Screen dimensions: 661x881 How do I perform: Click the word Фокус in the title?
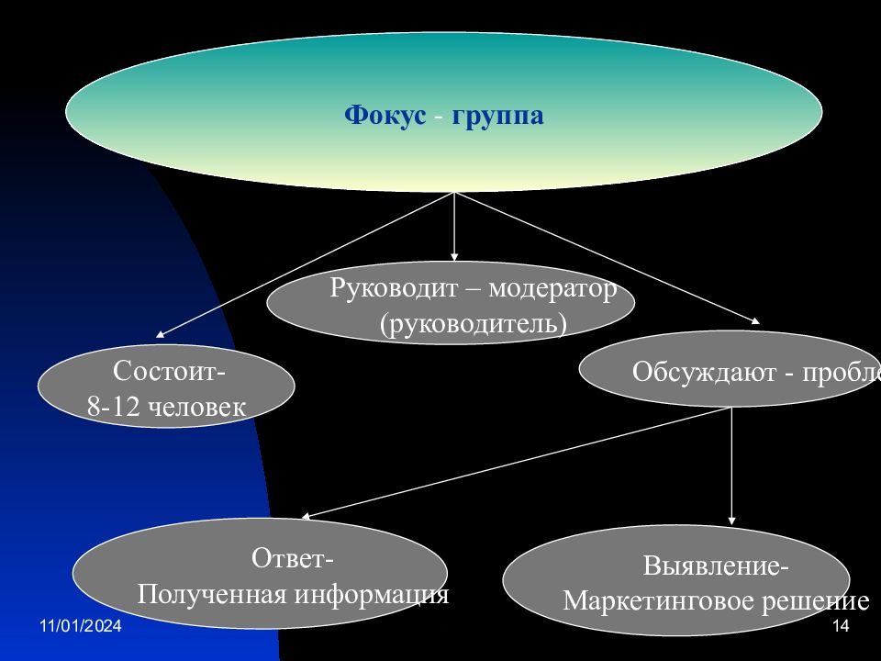pyautogui.click(x=385, y=117)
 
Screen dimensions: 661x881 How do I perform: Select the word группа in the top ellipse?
pyautogui.click(x=497, y=118)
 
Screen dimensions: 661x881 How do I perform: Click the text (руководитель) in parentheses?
pyautogui.click(x=474, y=324)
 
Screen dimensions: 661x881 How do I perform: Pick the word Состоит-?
pyautogui.click(x=169, y=372)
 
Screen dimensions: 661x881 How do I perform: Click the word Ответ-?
pyautogui.click(x=293, y=558)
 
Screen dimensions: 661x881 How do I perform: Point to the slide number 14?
pyautogui.click(x=841, y=626)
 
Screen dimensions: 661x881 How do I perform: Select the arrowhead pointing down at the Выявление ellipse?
pyautogui.click(x=731, y=521)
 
